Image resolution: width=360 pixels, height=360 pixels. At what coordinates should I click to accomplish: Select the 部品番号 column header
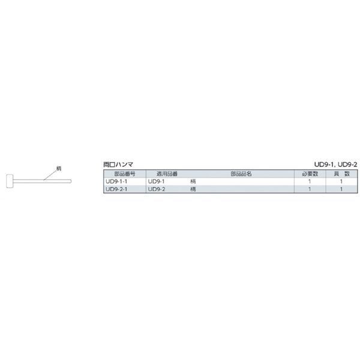124,173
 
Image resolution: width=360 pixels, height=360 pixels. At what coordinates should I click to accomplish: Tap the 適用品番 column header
167,173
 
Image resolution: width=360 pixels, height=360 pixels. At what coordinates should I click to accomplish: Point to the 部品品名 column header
241,173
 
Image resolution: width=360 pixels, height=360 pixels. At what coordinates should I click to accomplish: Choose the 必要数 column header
309,173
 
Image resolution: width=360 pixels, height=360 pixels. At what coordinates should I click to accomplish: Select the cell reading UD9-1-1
116,181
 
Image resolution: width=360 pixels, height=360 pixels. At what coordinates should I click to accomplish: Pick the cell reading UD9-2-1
116,189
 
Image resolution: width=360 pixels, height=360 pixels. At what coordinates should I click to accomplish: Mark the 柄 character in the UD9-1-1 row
193,181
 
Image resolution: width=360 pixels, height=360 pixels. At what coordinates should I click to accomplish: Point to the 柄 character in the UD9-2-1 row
193,189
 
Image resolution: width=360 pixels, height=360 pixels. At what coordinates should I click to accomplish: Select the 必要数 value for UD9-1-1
309,181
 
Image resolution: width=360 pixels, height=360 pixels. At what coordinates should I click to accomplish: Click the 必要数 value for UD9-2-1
309,189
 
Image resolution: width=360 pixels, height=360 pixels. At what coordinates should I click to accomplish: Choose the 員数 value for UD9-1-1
340,181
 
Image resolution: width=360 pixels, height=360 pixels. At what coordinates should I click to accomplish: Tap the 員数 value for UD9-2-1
340,189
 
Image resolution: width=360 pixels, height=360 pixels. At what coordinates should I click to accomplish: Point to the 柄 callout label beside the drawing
59,169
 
